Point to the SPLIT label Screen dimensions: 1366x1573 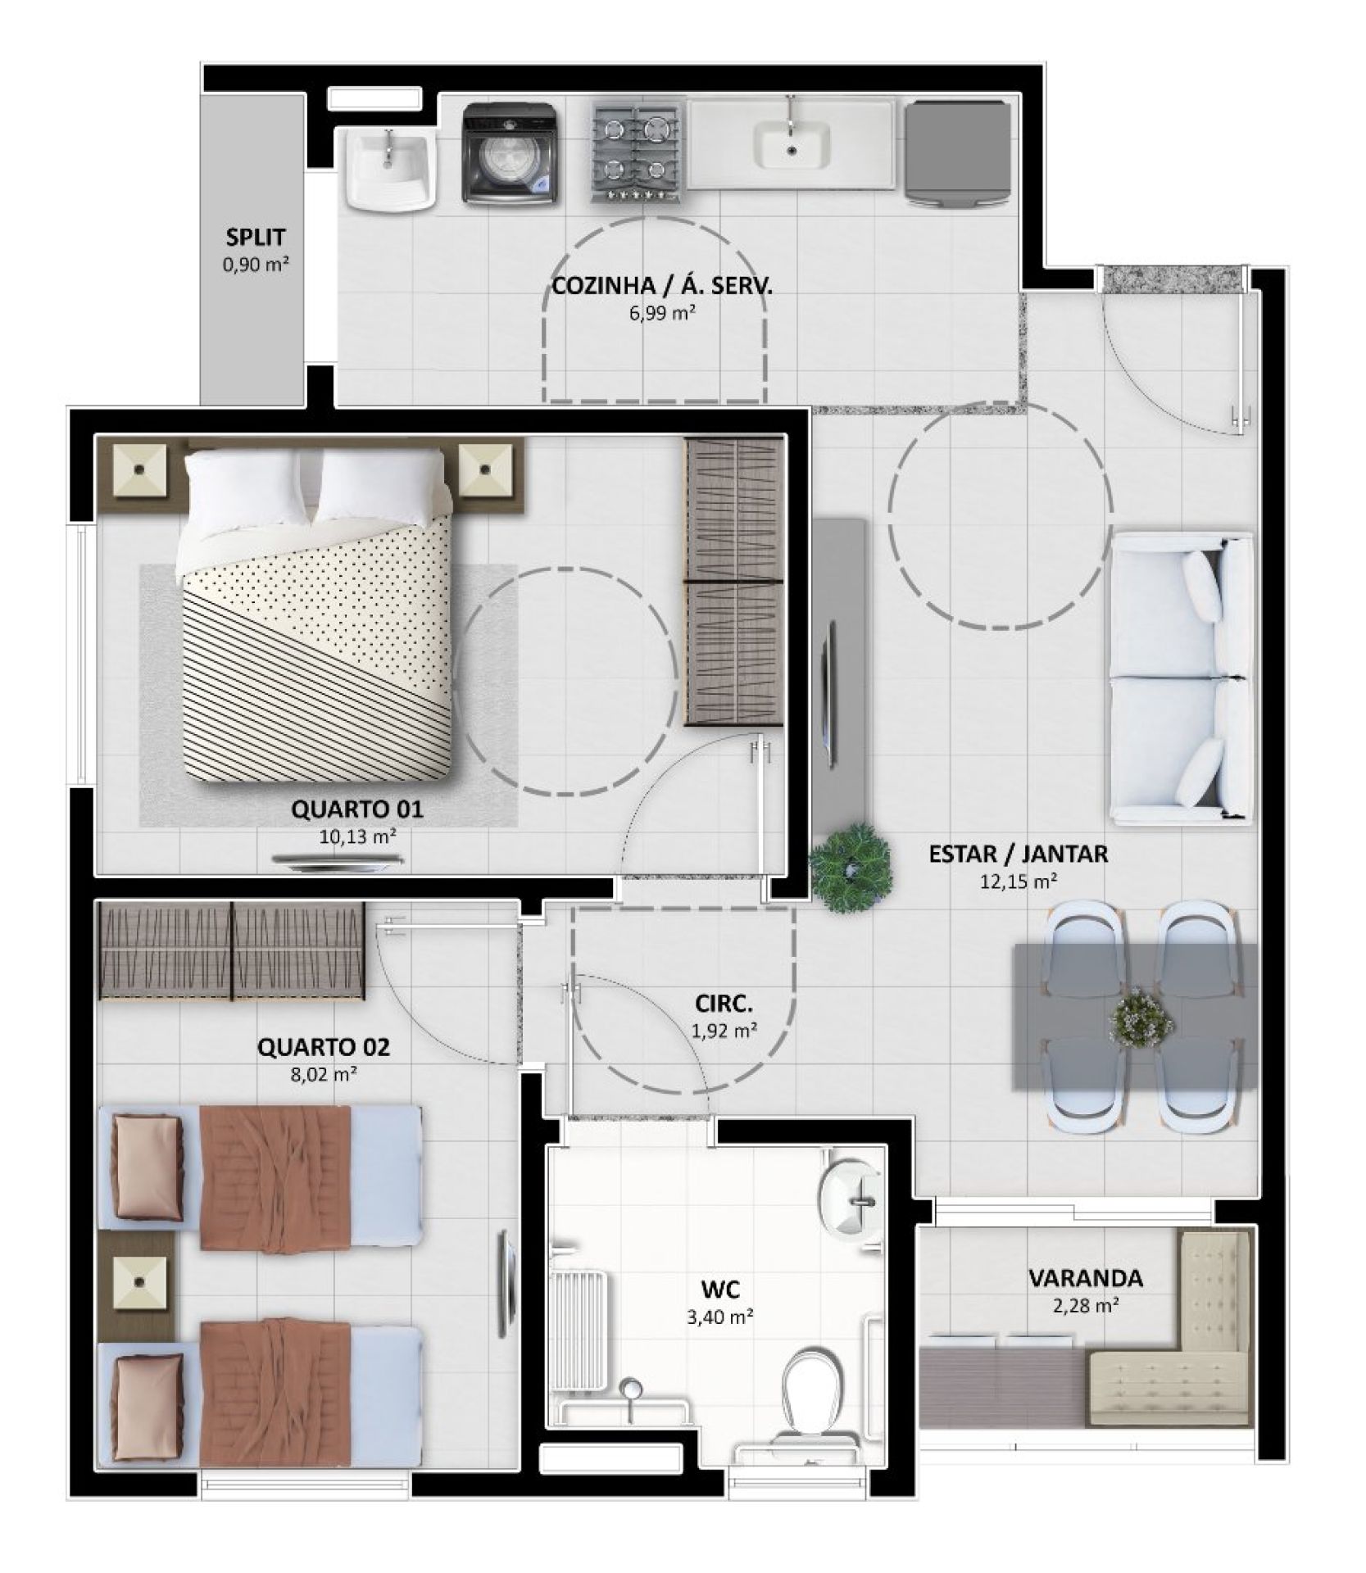(x=256, y=238)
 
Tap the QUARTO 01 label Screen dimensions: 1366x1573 (x=357, y=809)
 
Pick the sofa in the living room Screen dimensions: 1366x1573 (x=1181, y=677)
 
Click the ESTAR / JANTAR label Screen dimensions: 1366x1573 (x=1018, y=854)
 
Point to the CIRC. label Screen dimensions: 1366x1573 (x=724, y=1004)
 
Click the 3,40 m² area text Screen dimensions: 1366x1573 (x=720, y=1318)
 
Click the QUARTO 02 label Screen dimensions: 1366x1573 (x=324, y=1047)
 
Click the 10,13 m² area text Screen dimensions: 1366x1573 (x=357, y=836)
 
